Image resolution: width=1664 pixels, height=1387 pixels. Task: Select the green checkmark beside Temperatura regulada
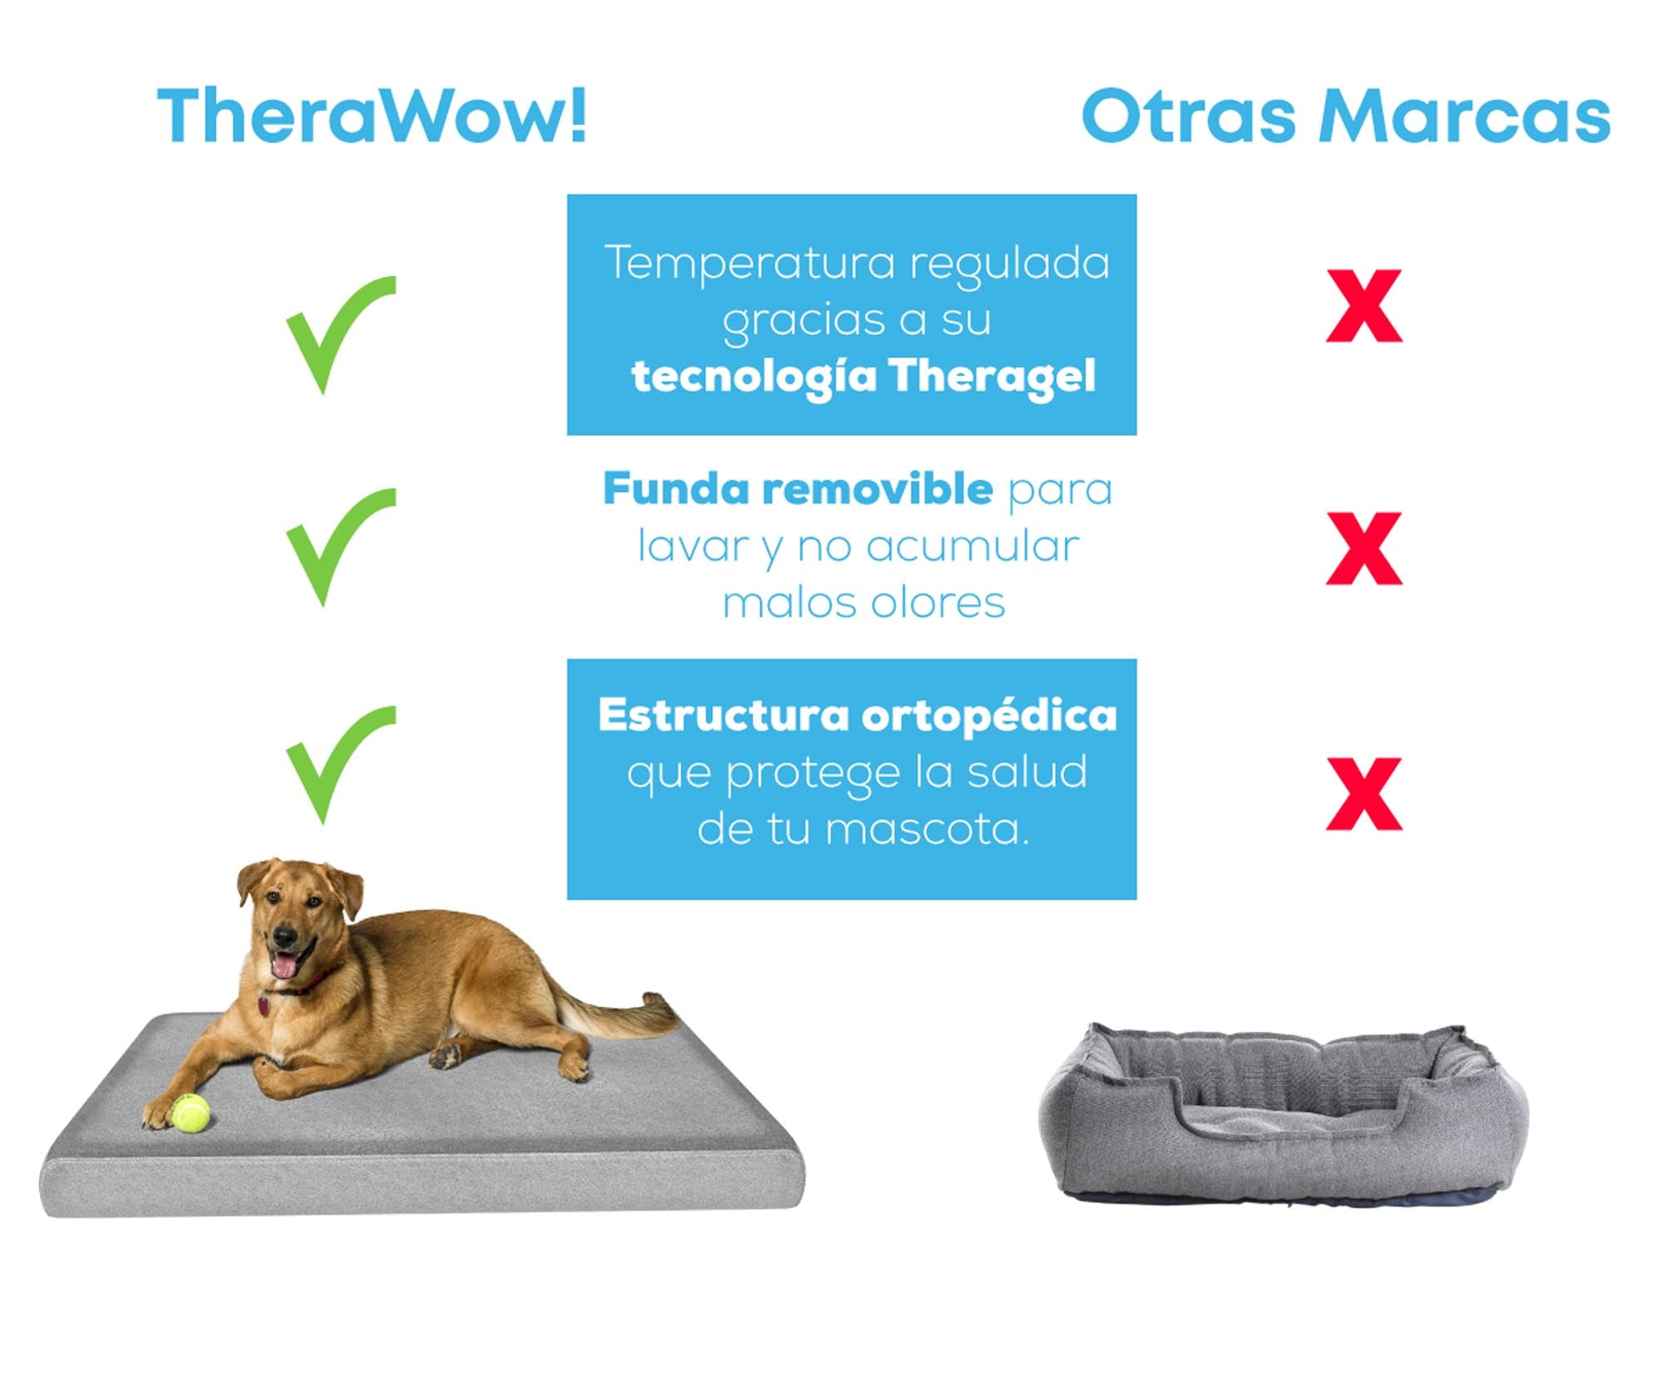tap(341, 334)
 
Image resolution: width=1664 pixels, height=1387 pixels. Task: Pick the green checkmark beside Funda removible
tap(341, 547)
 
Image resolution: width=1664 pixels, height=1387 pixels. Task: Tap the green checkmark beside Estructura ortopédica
tap(341, 765)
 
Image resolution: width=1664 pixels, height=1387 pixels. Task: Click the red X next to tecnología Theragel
tap(1364, 305)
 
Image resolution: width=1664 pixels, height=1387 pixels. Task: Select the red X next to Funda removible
tap(1364, 548)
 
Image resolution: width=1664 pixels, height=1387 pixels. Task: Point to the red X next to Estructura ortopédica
tap(1364, 794)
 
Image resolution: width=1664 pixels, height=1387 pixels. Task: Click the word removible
tap(878, 488)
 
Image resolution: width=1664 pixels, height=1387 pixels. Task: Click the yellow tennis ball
tap(191, 1113)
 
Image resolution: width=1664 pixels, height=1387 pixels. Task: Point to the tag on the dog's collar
tap(264, 1005)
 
